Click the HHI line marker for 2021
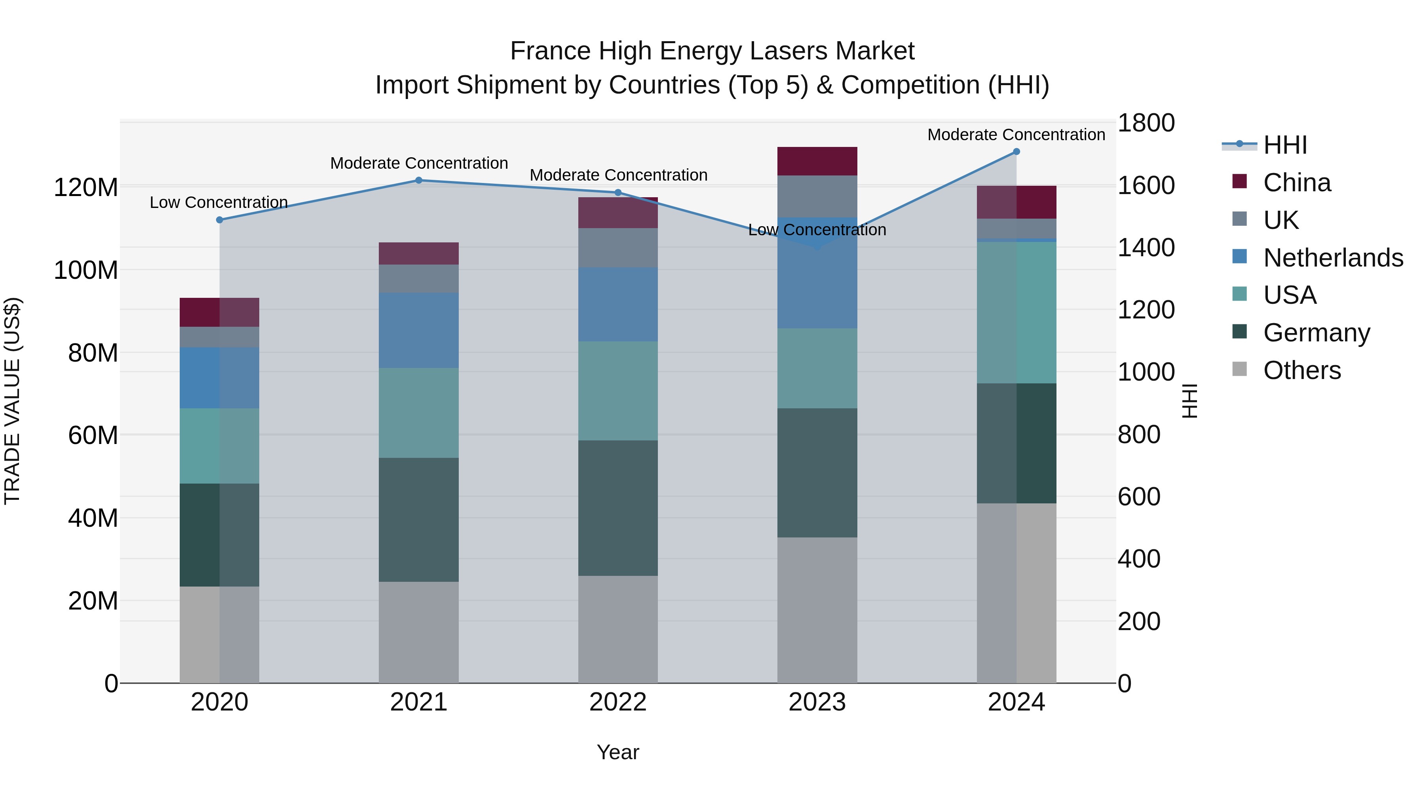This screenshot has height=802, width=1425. (x=419, y=181)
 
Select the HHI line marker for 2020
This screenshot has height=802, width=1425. (x=220, y=220)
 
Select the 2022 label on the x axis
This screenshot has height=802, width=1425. (x=618, y=702)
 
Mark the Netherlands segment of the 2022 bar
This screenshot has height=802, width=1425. (x=618, y=305)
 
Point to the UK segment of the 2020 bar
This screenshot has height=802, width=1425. (x=220, y=337)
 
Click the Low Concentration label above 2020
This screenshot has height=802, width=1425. (x=219, y=202)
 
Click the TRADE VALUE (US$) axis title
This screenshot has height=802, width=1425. (x=12, y=401)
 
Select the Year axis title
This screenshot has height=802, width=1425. (x=618, y=752)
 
